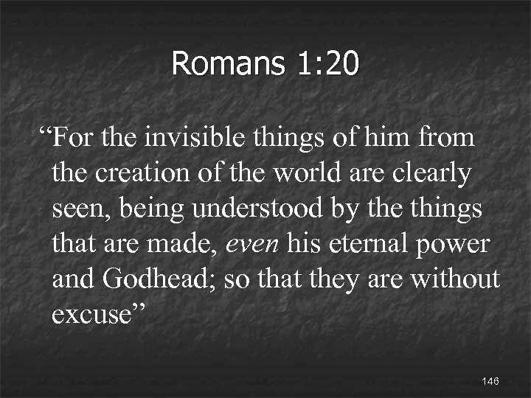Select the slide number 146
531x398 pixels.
[490, 381]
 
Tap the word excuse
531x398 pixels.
[91, 315]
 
